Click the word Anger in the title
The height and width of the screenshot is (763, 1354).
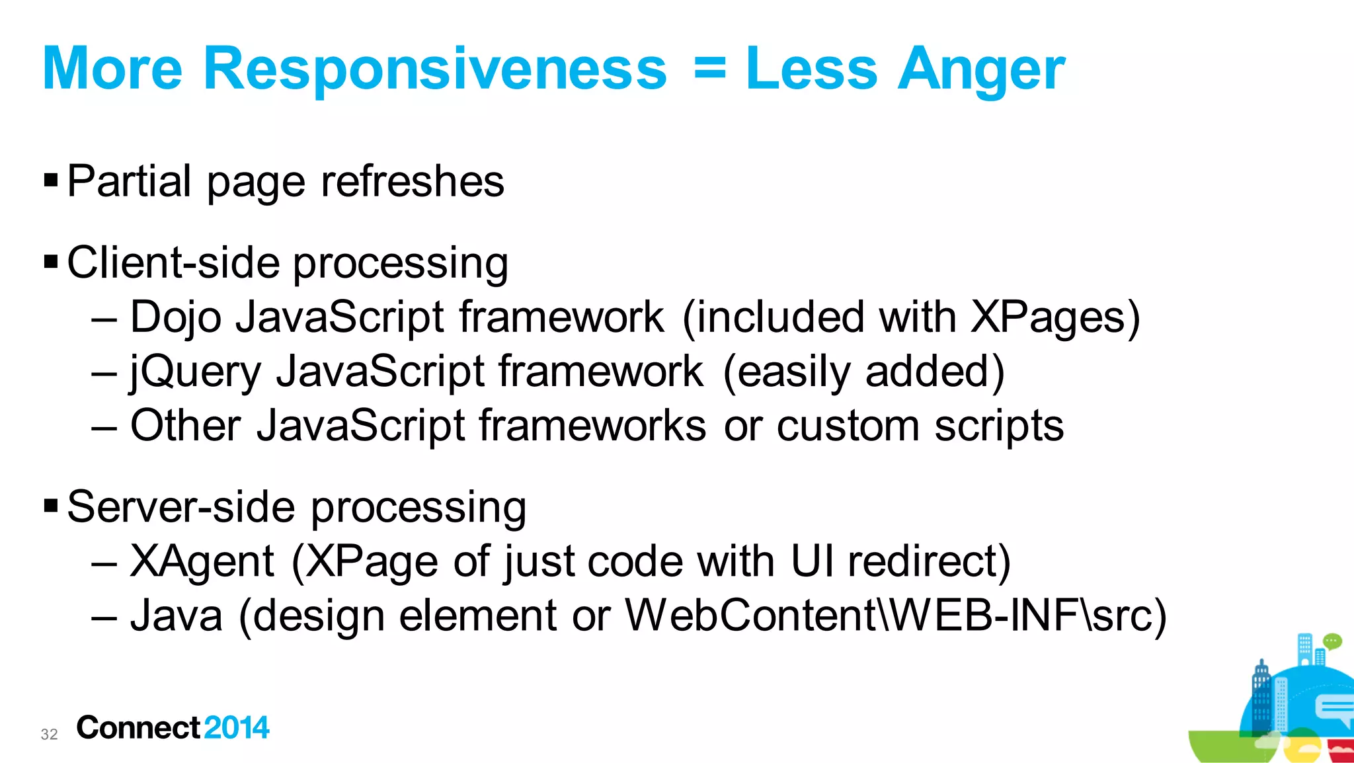[981, 69]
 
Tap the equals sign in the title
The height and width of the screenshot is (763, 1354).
[710, 68]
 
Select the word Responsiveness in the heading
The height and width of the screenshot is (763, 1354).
[435, 69]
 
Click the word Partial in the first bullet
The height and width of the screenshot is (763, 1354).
[129, 181]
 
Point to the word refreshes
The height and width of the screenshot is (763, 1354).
[412, 181]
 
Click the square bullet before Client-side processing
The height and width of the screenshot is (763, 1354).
[51, 262]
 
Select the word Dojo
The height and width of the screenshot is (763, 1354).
[175, 317]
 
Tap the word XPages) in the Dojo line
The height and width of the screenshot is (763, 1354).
[1055, 317]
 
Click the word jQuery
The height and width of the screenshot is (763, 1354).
[196, 372]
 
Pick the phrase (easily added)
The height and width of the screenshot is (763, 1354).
[863, 372]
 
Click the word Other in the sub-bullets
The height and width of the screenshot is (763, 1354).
[185, 425]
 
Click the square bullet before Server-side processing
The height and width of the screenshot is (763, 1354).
[51, 506]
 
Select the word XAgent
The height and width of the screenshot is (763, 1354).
[202, 562]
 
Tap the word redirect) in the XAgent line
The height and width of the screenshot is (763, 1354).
[929, 561]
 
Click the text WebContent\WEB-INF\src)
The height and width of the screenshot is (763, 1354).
[896, 616]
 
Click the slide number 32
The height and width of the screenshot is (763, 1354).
[49, 734]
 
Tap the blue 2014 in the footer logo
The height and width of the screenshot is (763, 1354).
[236, 728]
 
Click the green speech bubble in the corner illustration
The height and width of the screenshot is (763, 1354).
[1332, 641]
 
